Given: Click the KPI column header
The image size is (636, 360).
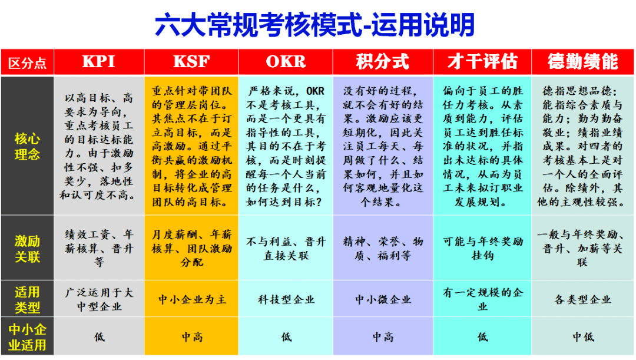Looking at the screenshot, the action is (99, 62).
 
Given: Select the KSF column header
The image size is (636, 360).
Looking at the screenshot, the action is (191, 62).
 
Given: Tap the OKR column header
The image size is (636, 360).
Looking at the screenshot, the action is (286, 62).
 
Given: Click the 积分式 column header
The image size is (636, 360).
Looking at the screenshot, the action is (383, 62).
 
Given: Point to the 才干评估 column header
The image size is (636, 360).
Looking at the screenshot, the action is (483, 62).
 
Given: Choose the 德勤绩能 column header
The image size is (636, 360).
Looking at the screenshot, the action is (583, 62).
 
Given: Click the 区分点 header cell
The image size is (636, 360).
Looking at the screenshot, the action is (27, 63).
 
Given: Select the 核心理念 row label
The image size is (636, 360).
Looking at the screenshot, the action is (27, 146).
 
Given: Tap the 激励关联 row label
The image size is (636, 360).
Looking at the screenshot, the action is (27, 249).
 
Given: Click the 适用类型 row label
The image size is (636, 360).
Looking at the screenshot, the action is (27, 299).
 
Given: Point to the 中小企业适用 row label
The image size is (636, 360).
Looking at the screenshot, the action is (27, 337).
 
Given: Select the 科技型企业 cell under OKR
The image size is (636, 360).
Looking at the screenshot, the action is (286, 299).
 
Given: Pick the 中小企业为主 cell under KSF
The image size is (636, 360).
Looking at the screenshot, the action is (192, 299).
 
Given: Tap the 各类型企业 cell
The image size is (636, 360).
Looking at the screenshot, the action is (583, 299).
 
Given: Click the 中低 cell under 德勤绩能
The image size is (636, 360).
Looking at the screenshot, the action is (583, 336).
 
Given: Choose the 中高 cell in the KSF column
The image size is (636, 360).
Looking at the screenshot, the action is (192, 336).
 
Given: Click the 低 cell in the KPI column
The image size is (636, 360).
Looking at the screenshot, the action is (100, 336).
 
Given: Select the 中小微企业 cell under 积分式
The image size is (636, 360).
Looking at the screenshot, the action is (383, 299).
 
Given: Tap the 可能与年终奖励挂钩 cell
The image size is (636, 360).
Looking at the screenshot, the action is (483, 249).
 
